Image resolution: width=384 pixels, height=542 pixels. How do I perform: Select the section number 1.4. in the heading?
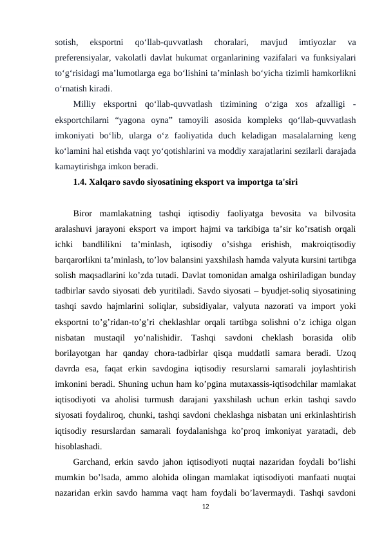[x=82, y=182]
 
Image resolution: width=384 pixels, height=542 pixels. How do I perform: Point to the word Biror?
[x=86, y=212]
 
